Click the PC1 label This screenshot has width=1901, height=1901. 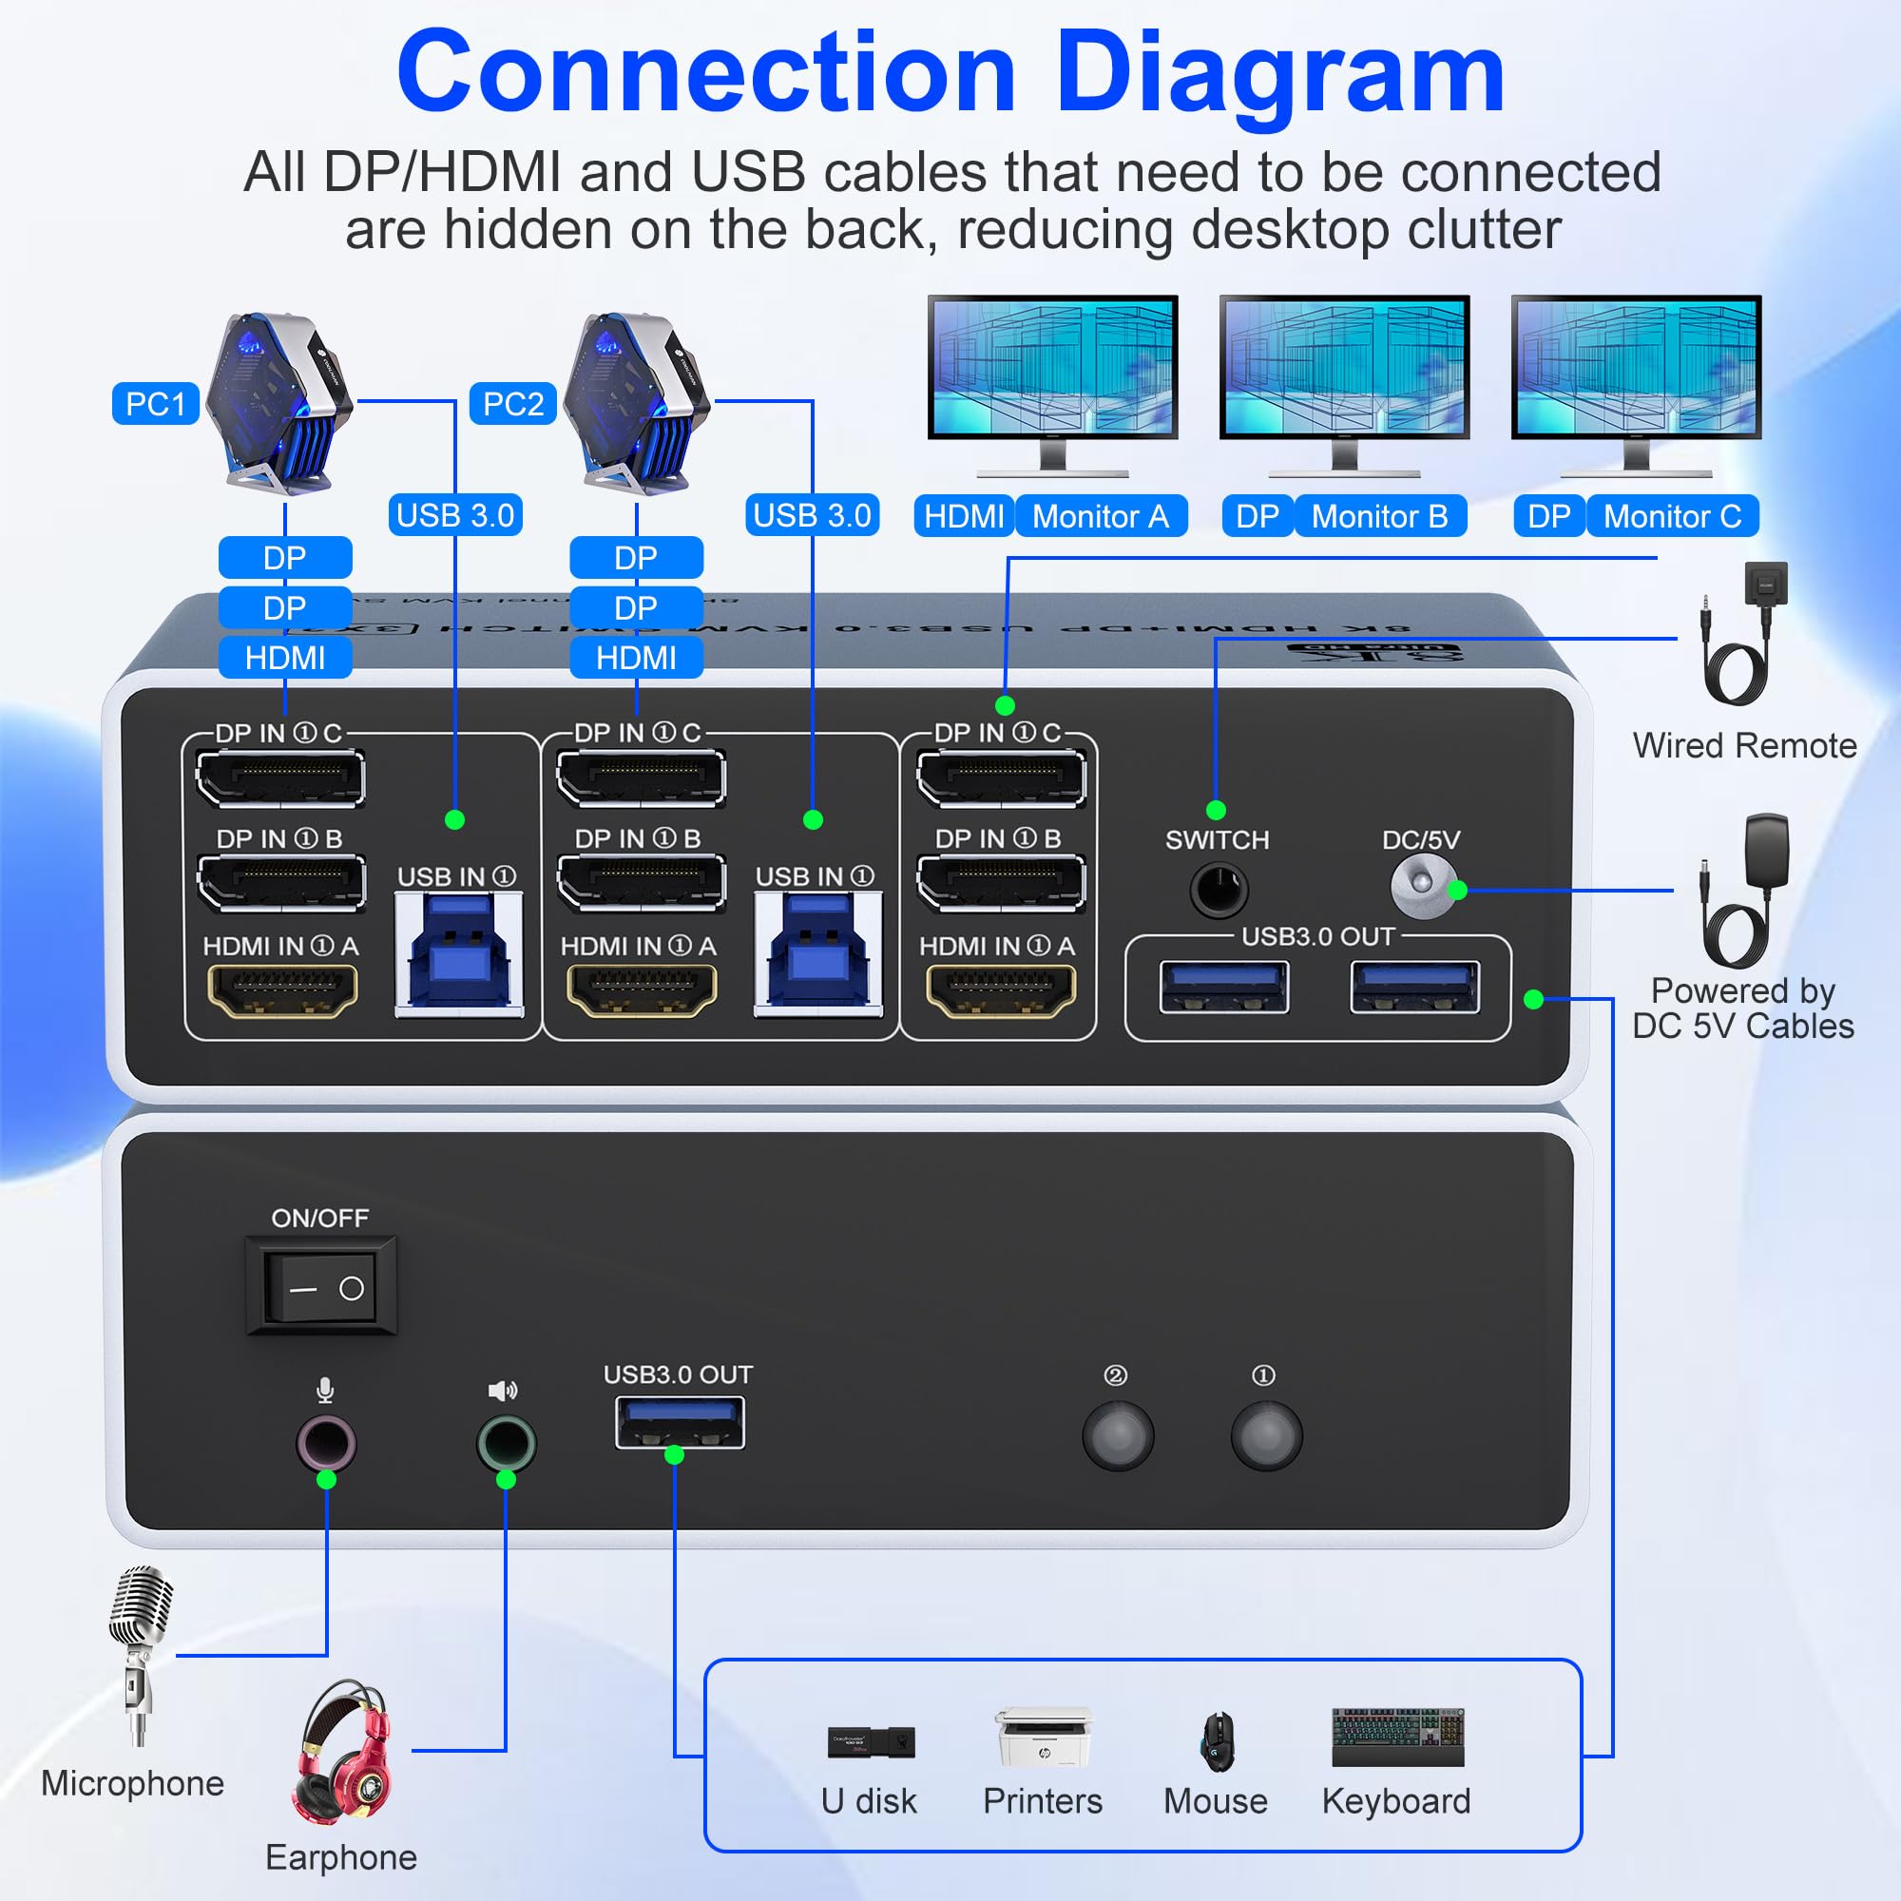tap(156, 403)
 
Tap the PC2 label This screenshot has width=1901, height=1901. tap(512, 403)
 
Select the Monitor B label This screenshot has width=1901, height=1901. tap(1378, 515)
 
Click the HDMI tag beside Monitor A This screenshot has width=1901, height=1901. tap(963, 515)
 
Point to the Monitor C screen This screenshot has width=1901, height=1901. tap(1635, 365)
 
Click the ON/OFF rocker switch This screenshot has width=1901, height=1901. tap(320, 1287)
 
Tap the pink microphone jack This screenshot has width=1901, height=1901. tap(326, 1443)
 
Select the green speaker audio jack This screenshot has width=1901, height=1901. tap(506, 1443)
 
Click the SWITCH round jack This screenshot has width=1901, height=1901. tap(1219, 890)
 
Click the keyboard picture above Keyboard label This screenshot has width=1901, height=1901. tap(1397, 1738)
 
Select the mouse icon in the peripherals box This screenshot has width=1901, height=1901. tap(1218, 1740)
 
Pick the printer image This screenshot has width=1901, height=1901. tap(1043, 1738)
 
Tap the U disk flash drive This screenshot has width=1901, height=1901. tap(871, 1741)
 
